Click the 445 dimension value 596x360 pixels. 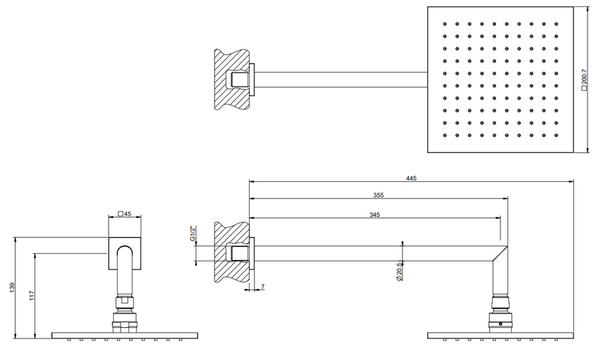(411, 178)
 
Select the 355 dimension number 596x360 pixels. (378, 195)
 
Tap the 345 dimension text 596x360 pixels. (374, 215)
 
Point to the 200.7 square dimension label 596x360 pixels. (585, 79)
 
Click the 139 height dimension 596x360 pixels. (12, 287)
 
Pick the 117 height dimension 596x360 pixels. (31, 295)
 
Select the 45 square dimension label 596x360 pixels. (125, 214)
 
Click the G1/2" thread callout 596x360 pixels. (193, 234)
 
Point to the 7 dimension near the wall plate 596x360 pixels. (263, 287)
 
